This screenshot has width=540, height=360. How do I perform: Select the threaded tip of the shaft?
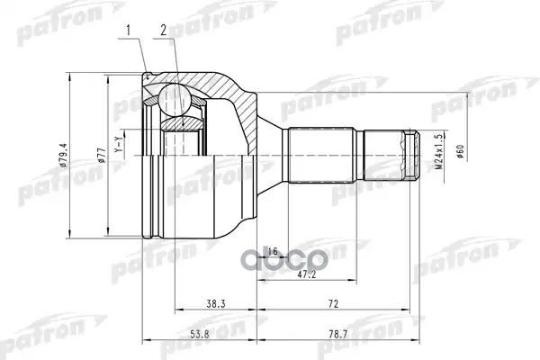pos(410,155)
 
